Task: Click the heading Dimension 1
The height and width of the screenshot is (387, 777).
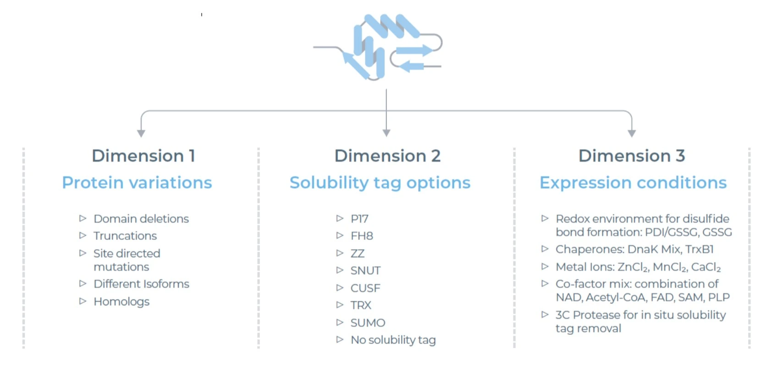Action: [143, 156]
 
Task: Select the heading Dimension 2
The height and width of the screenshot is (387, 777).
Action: [387, 156]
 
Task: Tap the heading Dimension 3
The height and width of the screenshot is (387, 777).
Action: [632, 156]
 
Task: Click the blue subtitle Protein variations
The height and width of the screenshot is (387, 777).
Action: [137, 183]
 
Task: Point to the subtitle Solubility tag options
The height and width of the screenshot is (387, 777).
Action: [380, 183]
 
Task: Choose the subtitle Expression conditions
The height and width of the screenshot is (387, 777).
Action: [633, 183]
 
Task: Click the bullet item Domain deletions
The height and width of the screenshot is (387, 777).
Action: [141, 218]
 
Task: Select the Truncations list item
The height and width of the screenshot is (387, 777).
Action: [125, 235]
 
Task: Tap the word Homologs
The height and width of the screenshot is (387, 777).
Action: [121, 302]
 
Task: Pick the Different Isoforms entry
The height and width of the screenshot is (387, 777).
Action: [142, 284]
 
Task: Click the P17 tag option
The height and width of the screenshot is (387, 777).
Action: [359, 218]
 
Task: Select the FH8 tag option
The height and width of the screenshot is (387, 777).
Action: [362, 236]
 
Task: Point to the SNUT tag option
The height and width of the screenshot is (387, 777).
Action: [366, 270]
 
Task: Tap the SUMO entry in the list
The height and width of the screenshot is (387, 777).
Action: [368, 322]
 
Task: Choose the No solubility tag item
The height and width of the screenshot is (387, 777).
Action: [393, 340]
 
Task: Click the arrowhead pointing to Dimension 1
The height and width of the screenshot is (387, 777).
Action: [141, 133]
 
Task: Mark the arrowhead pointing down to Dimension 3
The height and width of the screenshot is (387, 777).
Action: [632, 133]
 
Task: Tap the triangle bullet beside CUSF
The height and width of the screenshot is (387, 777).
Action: [340, 288]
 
